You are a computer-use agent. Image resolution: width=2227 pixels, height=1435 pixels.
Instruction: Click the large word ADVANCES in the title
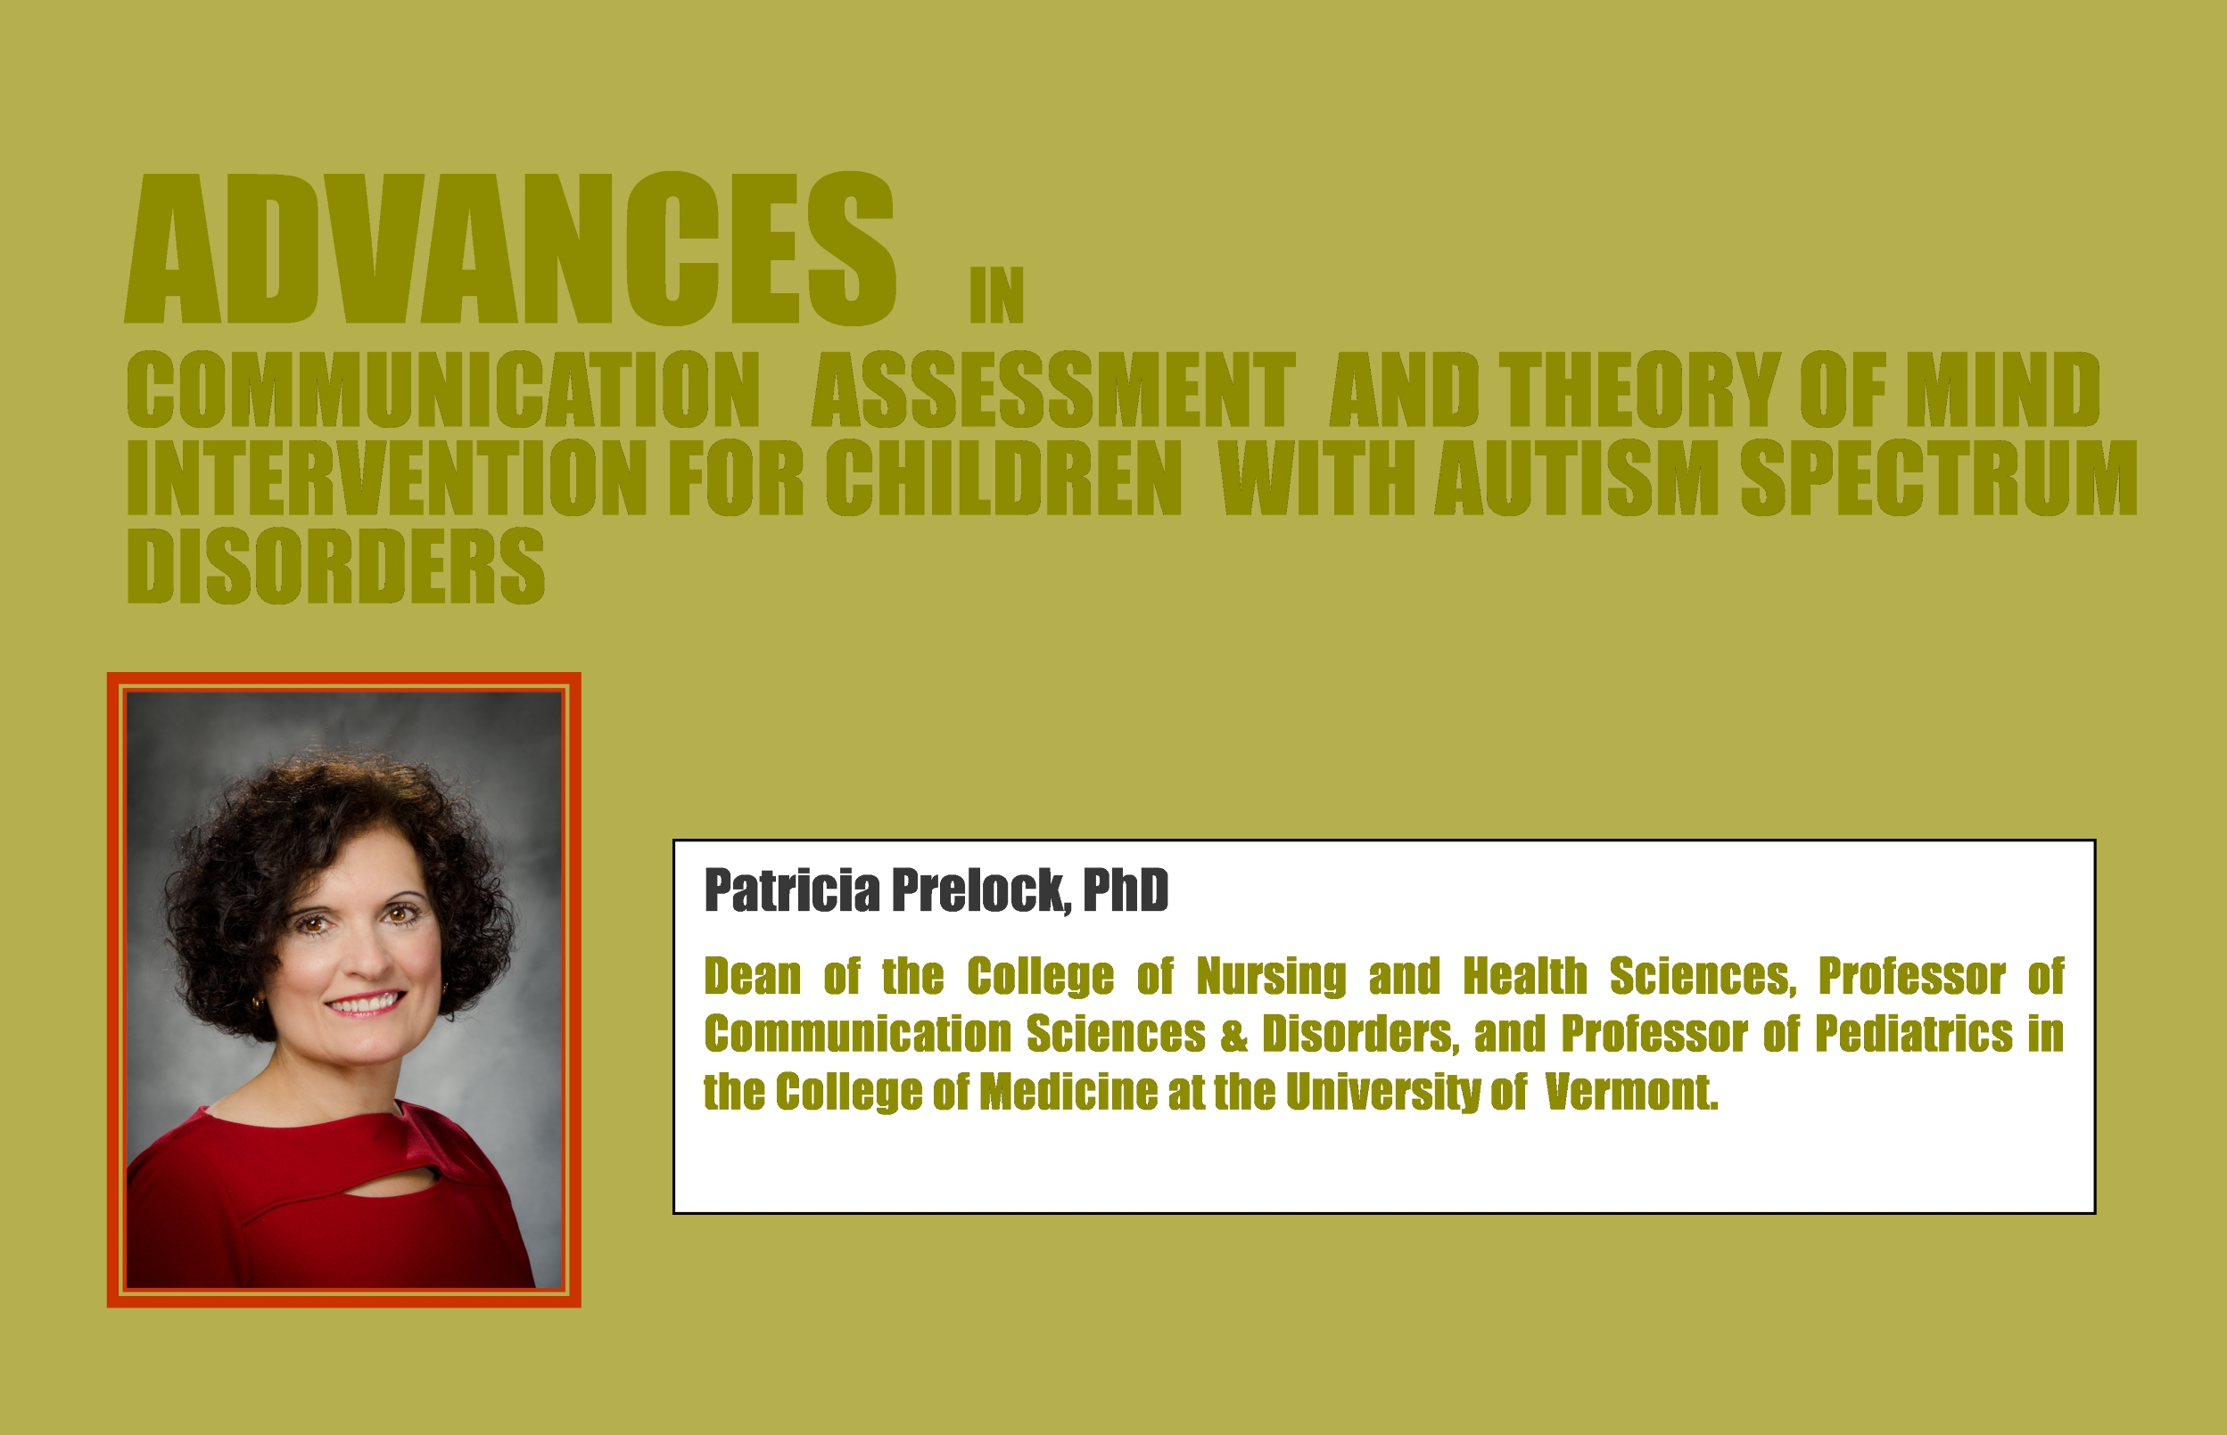(x=510, y=249)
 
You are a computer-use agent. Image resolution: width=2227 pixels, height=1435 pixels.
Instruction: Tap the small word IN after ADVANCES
(x=996, y=295)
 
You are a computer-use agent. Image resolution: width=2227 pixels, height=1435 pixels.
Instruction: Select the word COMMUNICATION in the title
(x=444, y=389)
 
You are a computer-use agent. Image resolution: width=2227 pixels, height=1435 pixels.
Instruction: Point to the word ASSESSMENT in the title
(x=1053, y=389)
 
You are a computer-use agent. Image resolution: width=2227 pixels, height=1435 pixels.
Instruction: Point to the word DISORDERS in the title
(x=335, y=566)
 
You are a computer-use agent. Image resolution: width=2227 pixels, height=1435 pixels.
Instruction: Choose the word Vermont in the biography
(x=1630, y=1092)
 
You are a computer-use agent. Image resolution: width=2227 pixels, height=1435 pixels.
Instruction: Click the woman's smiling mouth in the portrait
(x=366, y=1003)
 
